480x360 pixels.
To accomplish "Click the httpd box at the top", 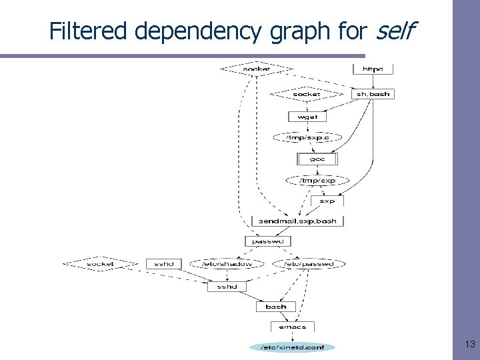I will coord(373,69).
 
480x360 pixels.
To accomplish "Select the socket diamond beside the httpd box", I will coord(257,69).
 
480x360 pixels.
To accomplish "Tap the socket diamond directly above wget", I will coord(306,94).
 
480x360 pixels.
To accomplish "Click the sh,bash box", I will coord(373,94).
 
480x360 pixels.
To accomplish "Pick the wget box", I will coord(307,116).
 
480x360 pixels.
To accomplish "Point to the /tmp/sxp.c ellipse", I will coord(307,137).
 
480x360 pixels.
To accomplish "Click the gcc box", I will coord(317,159).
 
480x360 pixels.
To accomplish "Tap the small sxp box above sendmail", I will coord(327,200).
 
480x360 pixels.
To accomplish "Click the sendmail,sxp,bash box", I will coord(297,221).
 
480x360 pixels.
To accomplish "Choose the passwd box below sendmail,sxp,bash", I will coord(273,241).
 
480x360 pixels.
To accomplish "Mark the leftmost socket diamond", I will coord(100,264).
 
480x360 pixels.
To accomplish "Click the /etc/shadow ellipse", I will coord(227,264).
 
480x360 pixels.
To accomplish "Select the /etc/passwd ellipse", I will coord(309,264).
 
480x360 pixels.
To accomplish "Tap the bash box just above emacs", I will coord(275,307).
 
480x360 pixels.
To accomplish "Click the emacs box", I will coord(292,327).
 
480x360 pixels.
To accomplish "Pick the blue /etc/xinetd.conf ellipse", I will coord(292,347).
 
